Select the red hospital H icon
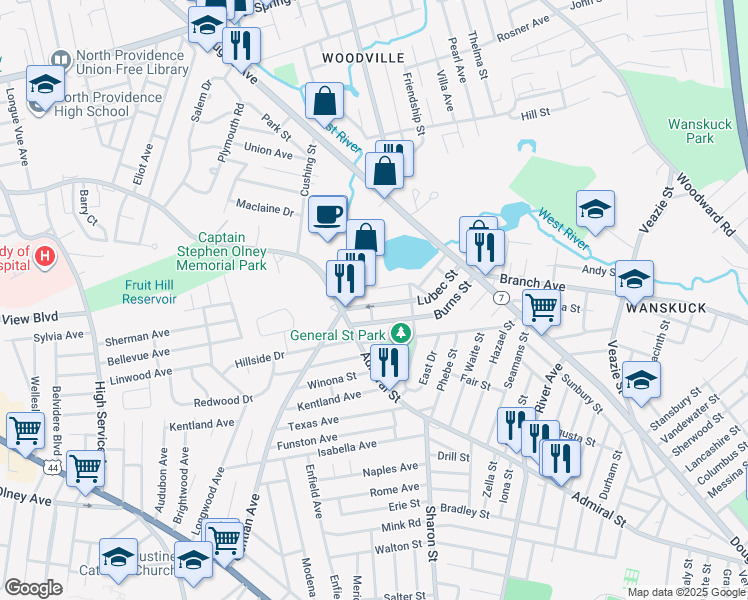point(43,258)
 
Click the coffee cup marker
point(327,214)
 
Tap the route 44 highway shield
point(53,467)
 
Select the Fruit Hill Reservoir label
point(150,291)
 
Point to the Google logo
point(33,588)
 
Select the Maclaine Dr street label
point(264,211)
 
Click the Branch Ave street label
point(525,282)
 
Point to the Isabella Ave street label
point(347,445)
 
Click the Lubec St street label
point(437,286)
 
